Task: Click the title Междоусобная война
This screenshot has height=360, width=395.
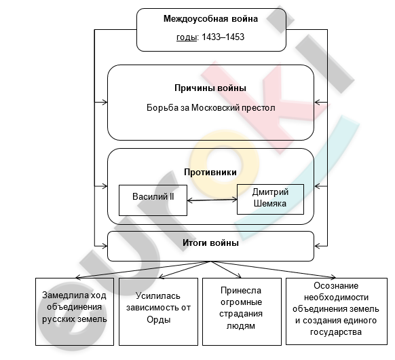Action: (210, 19)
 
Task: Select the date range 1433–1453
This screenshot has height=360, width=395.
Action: (223, 37)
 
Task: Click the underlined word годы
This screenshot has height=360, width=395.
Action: (186, 37)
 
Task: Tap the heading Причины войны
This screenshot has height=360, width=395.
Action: (210, 88)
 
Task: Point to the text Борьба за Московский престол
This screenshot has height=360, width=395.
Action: (210, 107)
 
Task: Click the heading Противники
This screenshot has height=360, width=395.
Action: (210, 172)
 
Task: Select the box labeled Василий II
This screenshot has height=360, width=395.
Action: (153, 200)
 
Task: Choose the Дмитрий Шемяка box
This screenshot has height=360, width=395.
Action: (270, 199)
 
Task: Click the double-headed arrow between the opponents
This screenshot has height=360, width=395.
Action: (212, 200)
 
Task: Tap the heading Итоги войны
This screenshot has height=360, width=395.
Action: (210, 243)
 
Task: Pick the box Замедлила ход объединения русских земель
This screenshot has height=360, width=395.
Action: (75, 312)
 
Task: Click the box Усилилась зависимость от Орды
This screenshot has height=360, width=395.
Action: (158, 312)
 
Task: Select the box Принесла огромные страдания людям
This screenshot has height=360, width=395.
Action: (242, 312)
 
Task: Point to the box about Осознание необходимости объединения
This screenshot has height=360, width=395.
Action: (337, 311)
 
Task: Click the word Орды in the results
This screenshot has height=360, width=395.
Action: (159, 320)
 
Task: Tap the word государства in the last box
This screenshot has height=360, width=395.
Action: (336, 332)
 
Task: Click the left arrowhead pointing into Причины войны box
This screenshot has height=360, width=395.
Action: (105, 103)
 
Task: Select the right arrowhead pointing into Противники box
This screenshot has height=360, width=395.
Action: (318, 187)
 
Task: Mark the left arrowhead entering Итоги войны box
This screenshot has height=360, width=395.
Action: (105, 246)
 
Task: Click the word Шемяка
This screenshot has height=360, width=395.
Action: (270, 204)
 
